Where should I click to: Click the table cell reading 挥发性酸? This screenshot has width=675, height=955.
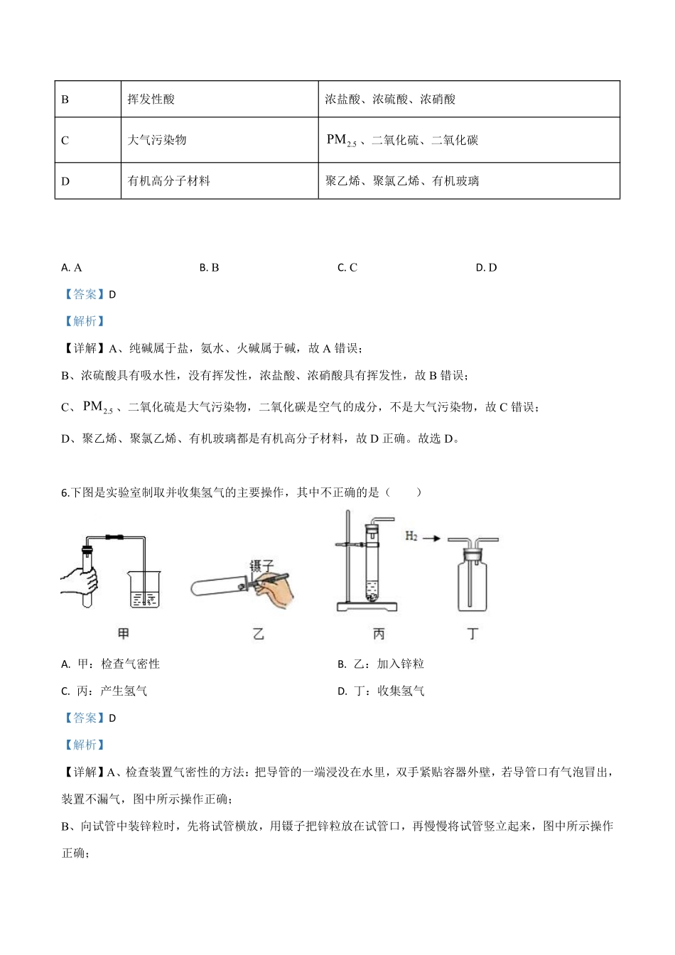(x=151, y=99)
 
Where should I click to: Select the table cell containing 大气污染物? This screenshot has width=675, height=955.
(x=156, y=140)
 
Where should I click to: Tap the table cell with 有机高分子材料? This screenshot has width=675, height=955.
(x=168, y=181)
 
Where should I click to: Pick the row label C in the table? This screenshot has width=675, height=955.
(x=65, y=140)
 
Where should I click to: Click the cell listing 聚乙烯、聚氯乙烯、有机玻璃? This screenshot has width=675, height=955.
(x=402, y=181)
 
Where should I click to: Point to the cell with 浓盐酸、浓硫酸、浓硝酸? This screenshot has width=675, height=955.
(x=390, y=99)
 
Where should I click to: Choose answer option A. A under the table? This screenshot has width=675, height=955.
(x=72, y=268)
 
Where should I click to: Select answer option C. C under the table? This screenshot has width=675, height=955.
(x=347, y=268)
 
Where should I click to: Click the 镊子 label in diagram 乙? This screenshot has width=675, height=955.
(x=261, y=566)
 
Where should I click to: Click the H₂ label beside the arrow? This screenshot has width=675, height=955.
(x=411, y=536)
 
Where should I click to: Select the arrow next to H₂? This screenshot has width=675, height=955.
(x=431, y=539)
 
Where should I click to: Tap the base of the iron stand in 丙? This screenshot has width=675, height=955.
(x=367, y=608)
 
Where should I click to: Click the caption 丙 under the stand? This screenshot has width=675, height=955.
(x=379, y=633)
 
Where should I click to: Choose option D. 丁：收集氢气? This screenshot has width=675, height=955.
(x=382, y=691)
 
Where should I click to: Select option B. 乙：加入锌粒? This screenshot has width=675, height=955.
(x=382, y=664)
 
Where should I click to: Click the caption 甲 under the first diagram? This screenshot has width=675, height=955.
(x=124, y=633)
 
